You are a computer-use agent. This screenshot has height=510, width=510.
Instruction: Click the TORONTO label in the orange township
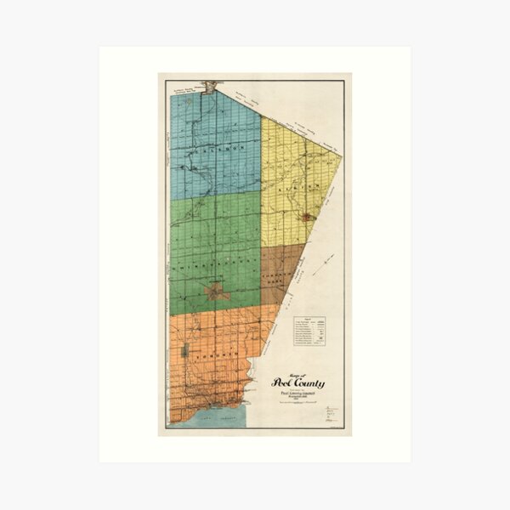208,359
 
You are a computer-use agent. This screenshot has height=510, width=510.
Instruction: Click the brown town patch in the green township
217,293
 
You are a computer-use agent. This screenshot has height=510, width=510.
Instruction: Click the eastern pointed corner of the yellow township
341,156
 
